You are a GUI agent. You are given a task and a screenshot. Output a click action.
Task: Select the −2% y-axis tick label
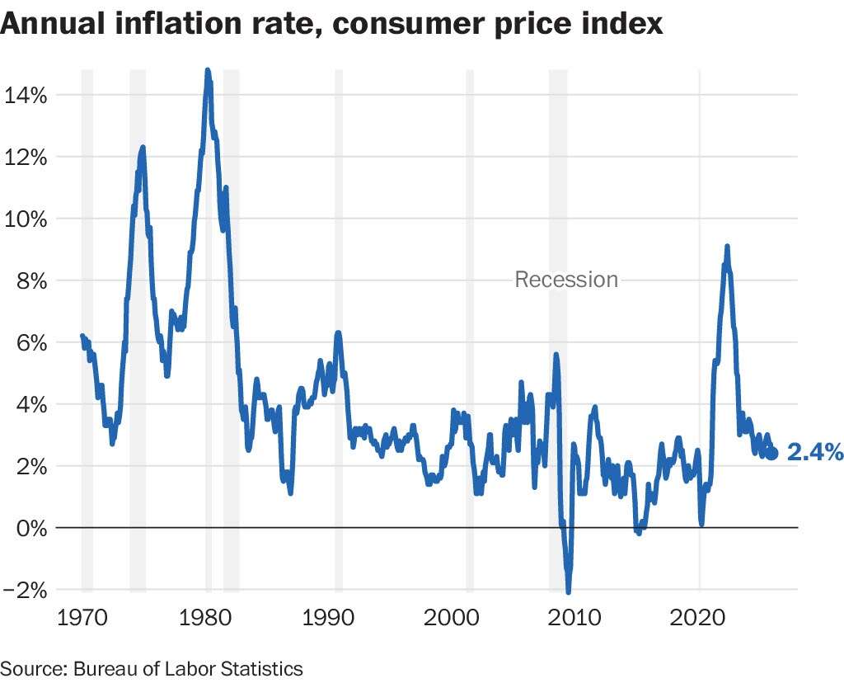tap(24, 590)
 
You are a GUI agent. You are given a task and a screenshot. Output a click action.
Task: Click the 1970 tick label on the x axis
tap(81, 619)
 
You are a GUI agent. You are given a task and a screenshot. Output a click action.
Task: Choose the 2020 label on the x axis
tap(700, 619)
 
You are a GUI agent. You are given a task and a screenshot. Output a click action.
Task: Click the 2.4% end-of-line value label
tap(815, 452)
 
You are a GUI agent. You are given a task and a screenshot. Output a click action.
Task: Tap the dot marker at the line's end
tap(772, 453)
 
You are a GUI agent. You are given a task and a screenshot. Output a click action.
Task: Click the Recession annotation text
tap(566, 280)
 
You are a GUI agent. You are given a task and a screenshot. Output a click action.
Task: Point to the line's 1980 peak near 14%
tap(207, 71)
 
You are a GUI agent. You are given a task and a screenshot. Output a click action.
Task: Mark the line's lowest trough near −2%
tap(568, 591)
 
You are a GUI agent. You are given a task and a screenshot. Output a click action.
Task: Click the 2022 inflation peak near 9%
tap(727, 247)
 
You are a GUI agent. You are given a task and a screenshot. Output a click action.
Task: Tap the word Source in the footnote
tap(26, 668)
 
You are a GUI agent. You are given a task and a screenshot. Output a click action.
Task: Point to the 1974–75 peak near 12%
tap(143, 148)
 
